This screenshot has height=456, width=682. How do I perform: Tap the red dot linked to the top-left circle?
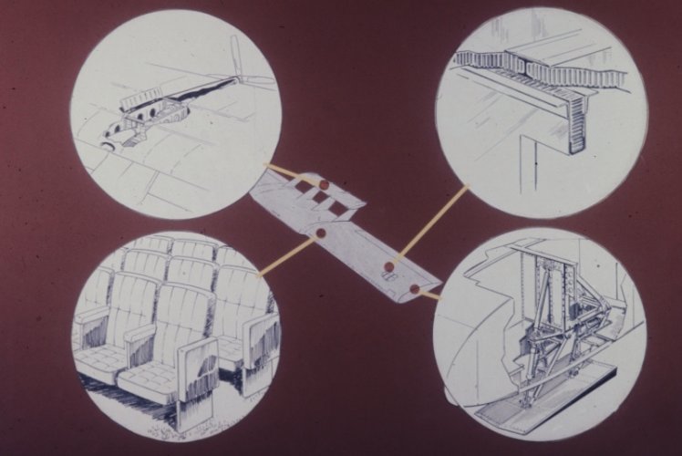pos(321,185)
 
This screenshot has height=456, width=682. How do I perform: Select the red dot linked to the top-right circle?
pos(389,267)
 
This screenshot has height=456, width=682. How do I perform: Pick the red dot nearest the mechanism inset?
pos(415,288)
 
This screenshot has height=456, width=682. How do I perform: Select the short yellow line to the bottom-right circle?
pos(429,295)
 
